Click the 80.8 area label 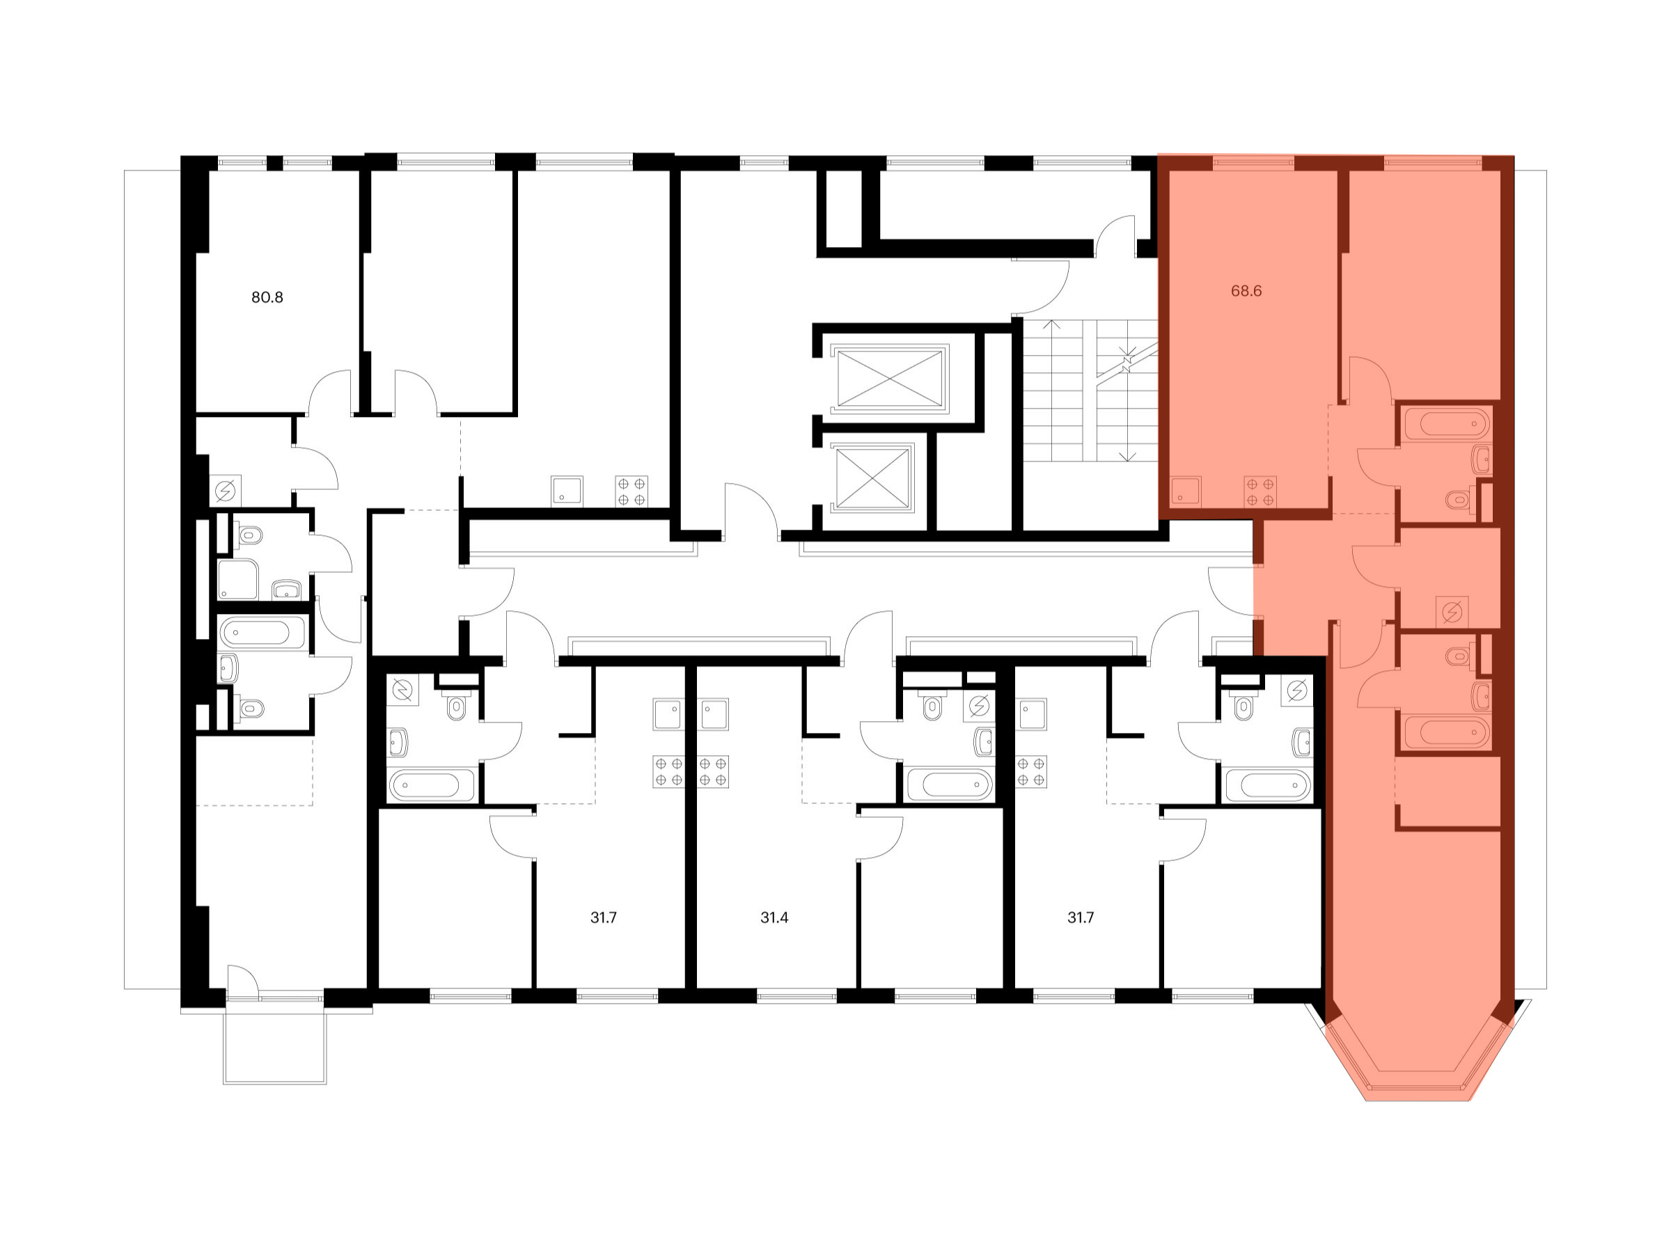click(x=267, y=297)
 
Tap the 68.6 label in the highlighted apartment click(x=1246, y=291)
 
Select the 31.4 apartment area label click(x=774, y=917)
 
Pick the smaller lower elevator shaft click(x=872, y=478)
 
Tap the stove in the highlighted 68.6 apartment click(x=1260, y=491)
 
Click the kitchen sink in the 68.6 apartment click(x=1185, y=491)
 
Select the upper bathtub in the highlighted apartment click(x=1446, y=424)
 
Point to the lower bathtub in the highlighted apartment click(x=1446, y=731)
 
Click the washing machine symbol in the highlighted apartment click(x=1451, y=611)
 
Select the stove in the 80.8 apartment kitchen click(x=631, y=491)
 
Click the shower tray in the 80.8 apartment click(x=237, y=579)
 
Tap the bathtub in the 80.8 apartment click(x=261, y=631)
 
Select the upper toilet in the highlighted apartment click(x=1457, y=498)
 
